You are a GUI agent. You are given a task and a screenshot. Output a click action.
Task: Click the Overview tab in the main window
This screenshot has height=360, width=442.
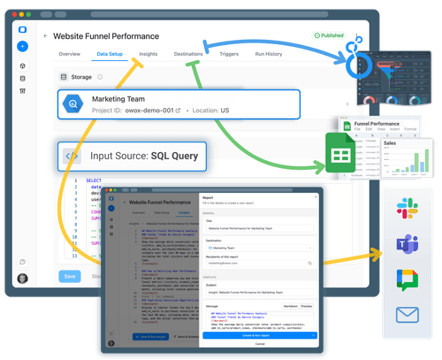pyautogui.click(x=70, y=54)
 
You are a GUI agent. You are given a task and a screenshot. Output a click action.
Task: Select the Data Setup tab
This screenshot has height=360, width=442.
pyautogui.click(x=110, y=54)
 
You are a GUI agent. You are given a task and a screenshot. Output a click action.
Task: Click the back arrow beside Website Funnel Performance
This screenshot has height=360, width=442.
pyautogui.click(x=45, y=36)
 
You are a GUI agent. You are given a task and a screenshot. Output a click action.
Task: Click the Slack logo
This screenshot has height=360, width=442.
pyautogui.click(x=407, y=209)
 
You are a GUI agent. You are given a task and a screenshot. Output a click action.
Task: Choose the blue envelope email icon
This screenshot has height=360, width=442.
pyautogui.click(x=407, y=313)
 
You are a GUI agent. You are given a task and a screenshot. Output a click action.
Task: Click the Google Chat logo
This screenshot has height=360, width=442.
pyautogui.click(x=407, y=279)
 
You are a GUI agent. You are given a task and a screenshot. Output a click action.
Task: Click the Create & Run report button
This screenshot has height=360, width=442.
pyautogui.click(x=259, y=335)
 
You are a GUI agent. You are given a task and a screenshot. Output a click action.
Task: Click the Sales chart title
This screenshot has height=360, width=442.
pyautogui.click(x=390, y=140)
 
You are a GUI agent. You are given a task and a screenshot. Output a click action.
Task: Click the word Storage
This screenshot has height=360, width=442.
pyautogui.click(x=80, y=77)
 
